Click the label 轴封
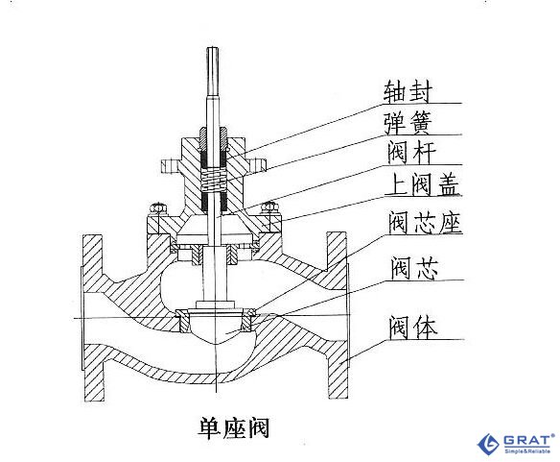(x=408, y=91)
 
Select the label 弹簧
(x=408, y=123)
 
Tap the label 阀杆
(x=411, y=153)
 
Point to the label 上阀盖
(x=424, y=184)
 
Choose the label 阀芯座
(x=426, y=223)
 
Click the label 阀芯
(x=414, y=268)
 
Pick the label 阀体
(x=413, y=328)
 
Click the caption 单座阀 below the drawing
(x=234, y=427)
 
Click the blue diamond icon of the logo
(x=489, y=444)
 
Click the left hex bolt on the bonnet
(x=157, y=208)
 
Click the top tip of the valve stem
(x=213, y=49)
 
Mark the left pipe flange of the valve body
(x=93, y=318)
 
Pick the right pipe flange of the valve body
(x=338, y=315)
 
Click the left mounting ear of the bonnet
(x=170, y=166)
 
